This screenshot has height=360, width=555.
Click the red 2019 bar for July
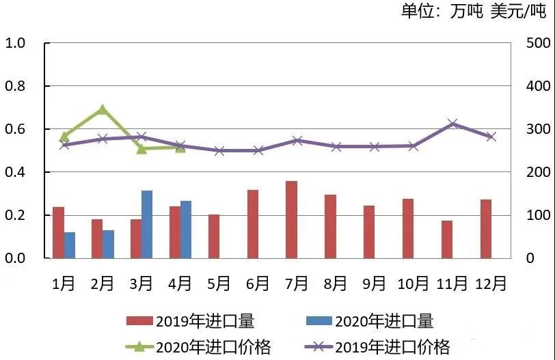point(292,219)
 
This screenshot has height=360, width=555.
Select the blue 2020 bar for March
point(147,224)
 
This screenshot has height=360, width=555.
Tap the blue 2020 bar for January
point(70,245)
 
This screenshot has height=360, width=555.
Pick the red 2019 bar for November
point(447,239)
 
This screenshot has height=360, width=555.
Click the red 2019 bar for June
point(253,224)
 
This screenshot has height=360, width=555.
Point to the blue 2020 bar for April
point(186,230)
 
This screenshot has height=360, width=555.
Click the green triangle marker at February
point(103,110)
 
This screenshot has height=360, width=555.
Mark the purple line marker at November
point(452,124)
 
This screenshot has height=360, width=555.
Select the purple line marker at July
point(297,141)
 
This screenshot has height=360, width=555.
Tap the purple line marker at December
point(491,137)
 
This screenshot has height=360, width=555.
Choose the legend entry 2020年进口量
point(370,321)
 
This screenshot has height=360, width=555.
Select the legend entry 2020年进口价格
point(199,347)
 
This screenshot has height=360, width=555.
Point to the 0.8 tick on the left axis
point(15,86)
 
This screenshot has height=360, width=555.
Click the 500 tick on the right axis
point(538,43)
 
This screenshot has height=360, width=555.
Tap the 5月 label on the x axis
point(219,283)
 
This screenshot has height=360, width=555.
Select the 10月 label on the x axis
point(413,283)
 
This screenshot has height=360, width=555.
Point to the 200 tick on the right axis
point(538,172)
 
